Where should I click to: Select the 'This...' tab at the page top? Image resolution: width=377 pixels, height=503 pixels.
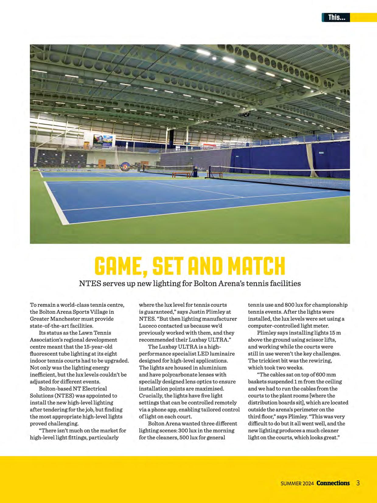click(336, 18)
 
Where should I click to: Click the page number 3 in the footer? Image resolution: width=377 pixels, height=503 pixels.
click(358, 483)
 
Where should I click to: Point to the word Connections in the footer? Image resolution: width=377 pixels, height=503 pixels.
click(333, 483)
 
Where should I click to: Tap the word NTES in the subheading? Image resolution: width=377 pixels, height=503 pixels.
click(90, 283)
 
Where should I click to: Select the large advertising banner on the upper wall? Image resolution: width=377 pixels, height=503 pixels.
click(103, 142)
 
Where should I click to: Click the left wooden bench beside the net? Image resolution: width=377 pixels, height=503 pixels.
click(181, 174)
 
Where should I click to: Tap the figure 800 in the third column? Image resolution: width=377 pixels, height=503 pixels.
click(289, 305)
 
